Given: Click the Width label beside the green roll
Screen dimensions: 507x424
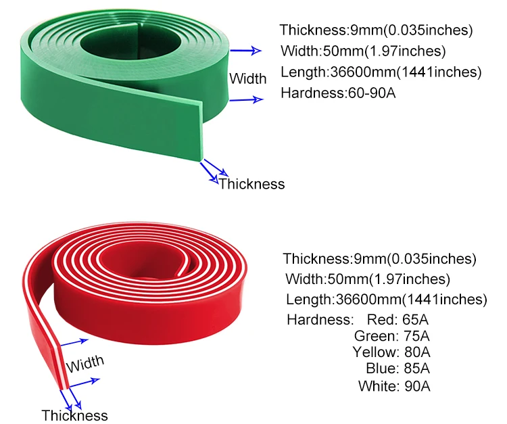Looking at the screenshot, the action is (x=247, y=78).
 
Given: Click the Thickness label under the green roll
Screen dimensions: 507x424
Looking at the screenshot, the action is (x=251, y=184).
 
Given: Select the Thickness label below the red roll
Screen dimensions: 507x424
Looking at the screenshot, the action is (x=74, y=415).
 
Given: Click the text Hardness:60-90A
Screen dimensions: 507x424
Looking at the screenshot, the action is (x=337, y=93).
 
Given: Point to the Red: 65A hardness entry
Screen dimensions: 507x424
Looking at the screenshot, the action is (x=398, y=319).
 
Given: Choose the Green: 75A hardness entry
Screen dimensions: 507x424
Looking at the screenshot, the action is (x=392, y=336).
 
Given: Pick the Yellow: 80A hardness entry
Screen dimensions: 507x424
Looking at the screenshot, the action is (x=391, y=352).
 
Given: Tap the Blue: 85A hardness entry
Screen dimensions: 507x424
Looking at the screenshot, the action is (x=397, y=369).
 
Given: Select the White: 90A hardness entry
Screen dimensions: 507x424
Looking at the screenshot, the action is (x=395, y=386).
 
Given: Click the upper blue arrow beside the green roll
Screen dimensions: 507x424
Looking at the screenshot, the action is (x=245, y=51).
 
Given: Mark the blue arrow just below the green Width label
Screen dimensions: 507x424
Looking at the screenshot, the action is (x=247, y=100).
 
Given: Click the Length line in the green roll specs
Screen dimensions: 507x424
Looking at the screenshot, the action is (x=381, y=72).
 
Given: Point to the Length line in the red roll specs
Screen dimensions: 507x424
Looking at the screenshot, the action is (x=386, y=300).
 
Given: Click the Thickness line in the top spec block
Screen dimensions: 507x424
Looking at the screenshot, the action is (x=376, y=30).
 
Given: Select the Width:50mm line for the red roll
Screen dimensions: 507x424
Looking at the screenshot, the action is (x=368, y=279).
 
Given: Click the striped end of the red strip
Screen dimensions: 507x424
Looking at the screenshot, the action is (x=63, y=365).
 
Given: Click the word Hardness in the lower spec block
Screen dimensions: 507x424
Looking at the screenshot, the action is (x=319, y=319).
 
